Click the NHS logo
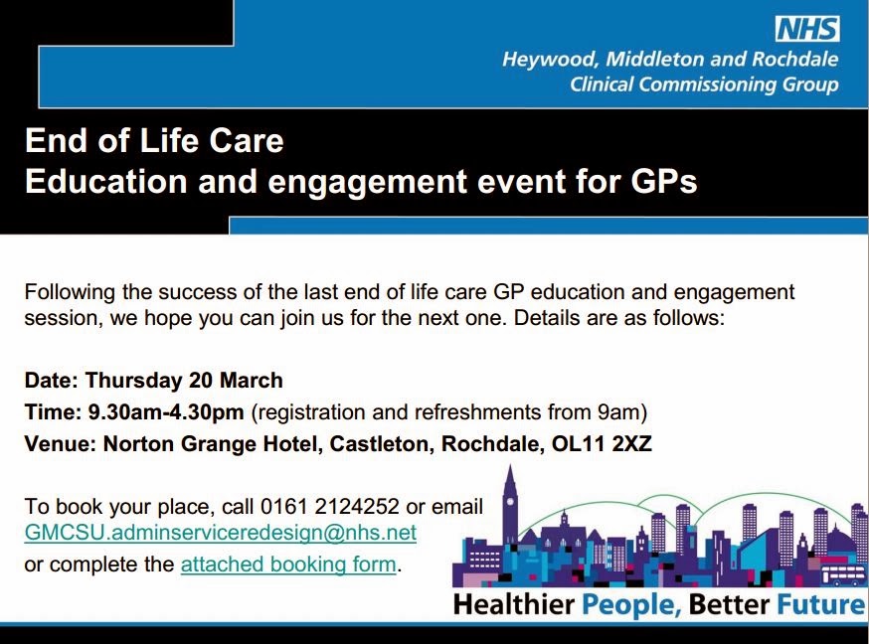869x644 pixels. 807,29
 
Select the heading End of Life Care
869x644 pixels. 154,141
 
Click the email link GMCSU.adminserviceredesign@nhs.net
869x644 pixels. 221,532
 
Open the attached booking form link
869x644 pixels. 288,564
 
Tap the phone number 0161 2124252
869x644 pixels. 330,506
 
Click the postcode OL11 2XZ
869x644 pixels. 602,443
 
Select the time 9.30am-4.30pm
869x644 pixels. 166,412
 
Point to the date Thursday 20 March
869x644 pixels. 184,381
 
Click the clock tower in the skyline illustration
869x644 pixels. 510,504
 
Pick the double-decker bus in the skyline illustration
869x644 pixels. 842,573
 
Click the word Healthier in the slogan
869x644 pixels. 513,604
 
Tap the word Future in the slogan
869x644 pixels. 821,604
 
